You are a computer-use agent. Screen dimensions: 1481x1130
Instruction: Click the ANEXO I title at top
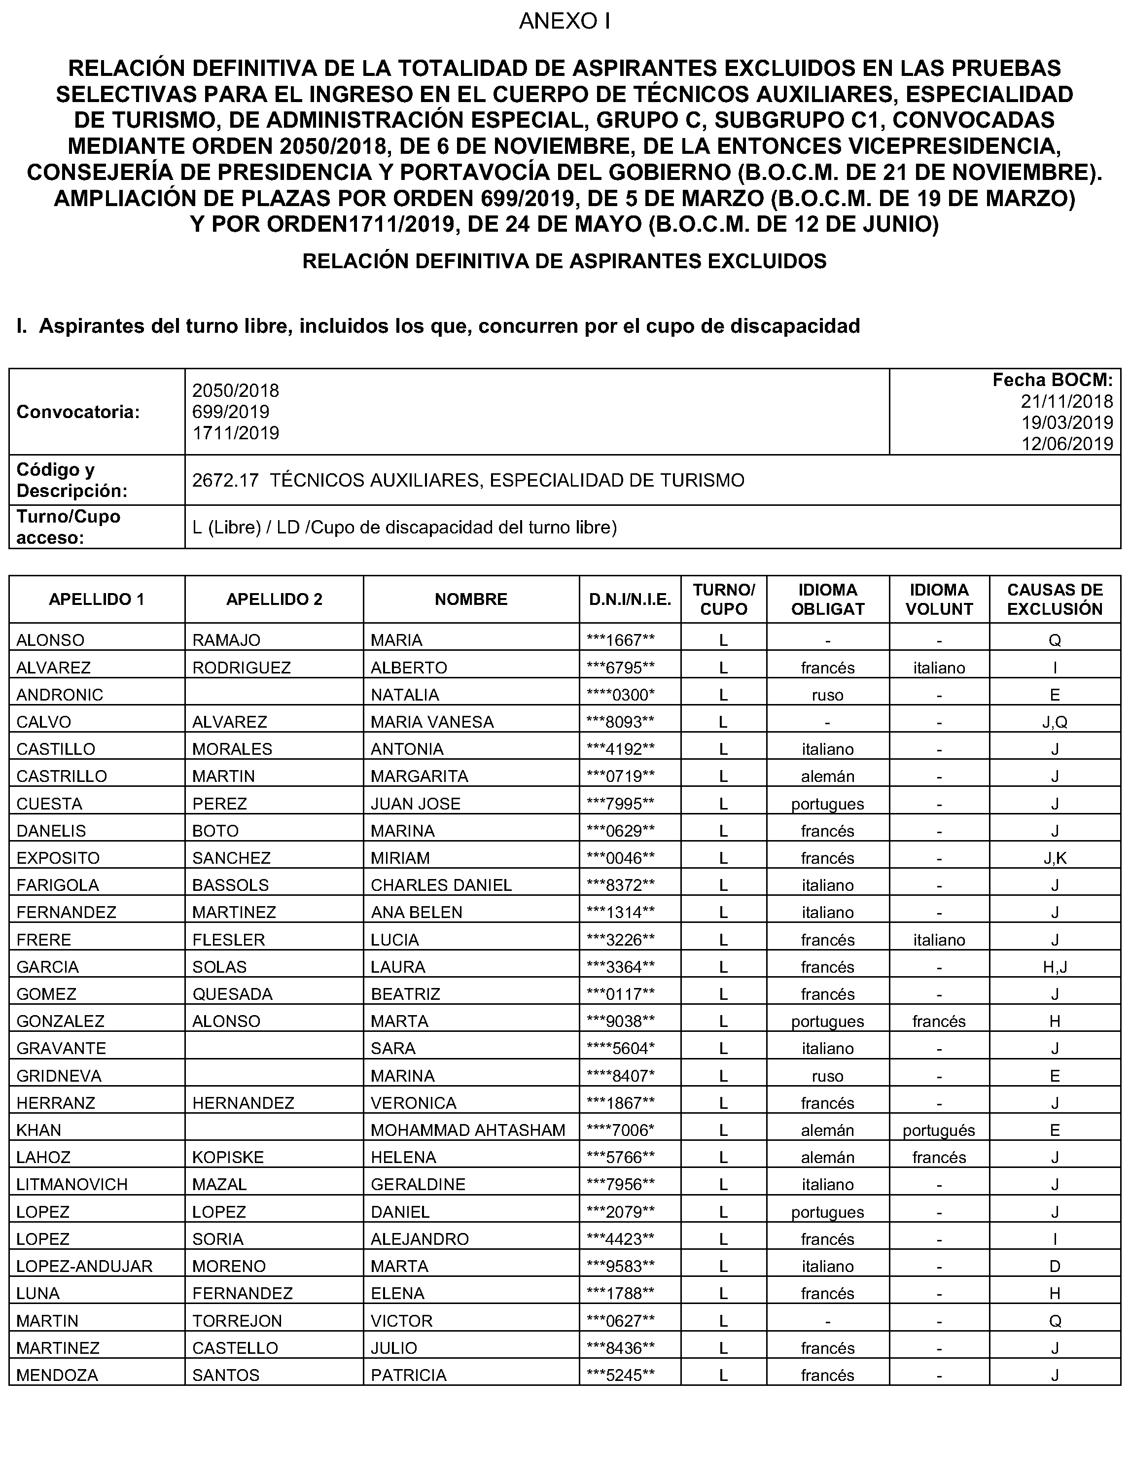tap(565, 22)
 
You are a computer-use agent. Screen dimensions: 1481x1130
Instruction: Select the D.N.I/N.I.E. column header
tap(630, 599)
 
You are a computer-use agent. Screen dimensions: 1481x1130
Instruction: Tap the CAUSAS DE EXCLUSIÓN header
tap(1055, 599)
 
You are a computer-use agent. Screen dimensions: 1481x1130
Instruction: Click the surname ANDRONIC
tap(60, 695)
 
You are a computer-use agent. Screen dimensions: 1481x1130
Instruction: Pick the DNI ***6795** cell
tap(620, 668)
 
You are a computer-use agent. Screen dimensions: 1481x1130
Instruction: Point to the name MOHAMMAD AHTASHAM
tap(467, 1130)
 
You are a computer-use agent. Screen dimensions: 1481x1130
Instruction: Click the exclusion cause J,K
tap(1054, 858)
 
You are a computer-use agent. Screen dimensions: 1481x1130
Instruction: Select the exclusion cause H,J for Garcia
tap(1054, 967)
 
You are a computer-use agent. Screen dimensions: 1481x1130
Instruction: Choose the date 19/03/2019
tap(1067, 423)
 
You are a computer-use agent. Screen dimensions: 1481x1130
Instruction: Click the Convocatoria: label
tap(78, 412)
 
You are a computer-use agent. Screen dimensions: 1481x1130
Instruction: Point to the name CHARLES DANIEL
tap(441, 885)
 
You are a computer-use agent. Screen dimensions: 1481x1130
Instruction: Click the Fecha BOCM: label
tap(1053, 380)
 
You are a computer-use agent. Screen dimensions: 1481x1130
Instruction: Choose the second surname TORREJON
tap(237, 1320)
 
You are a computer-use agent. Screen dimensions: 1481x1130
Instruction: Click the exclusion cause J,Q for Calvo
tap(1054, 722)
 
